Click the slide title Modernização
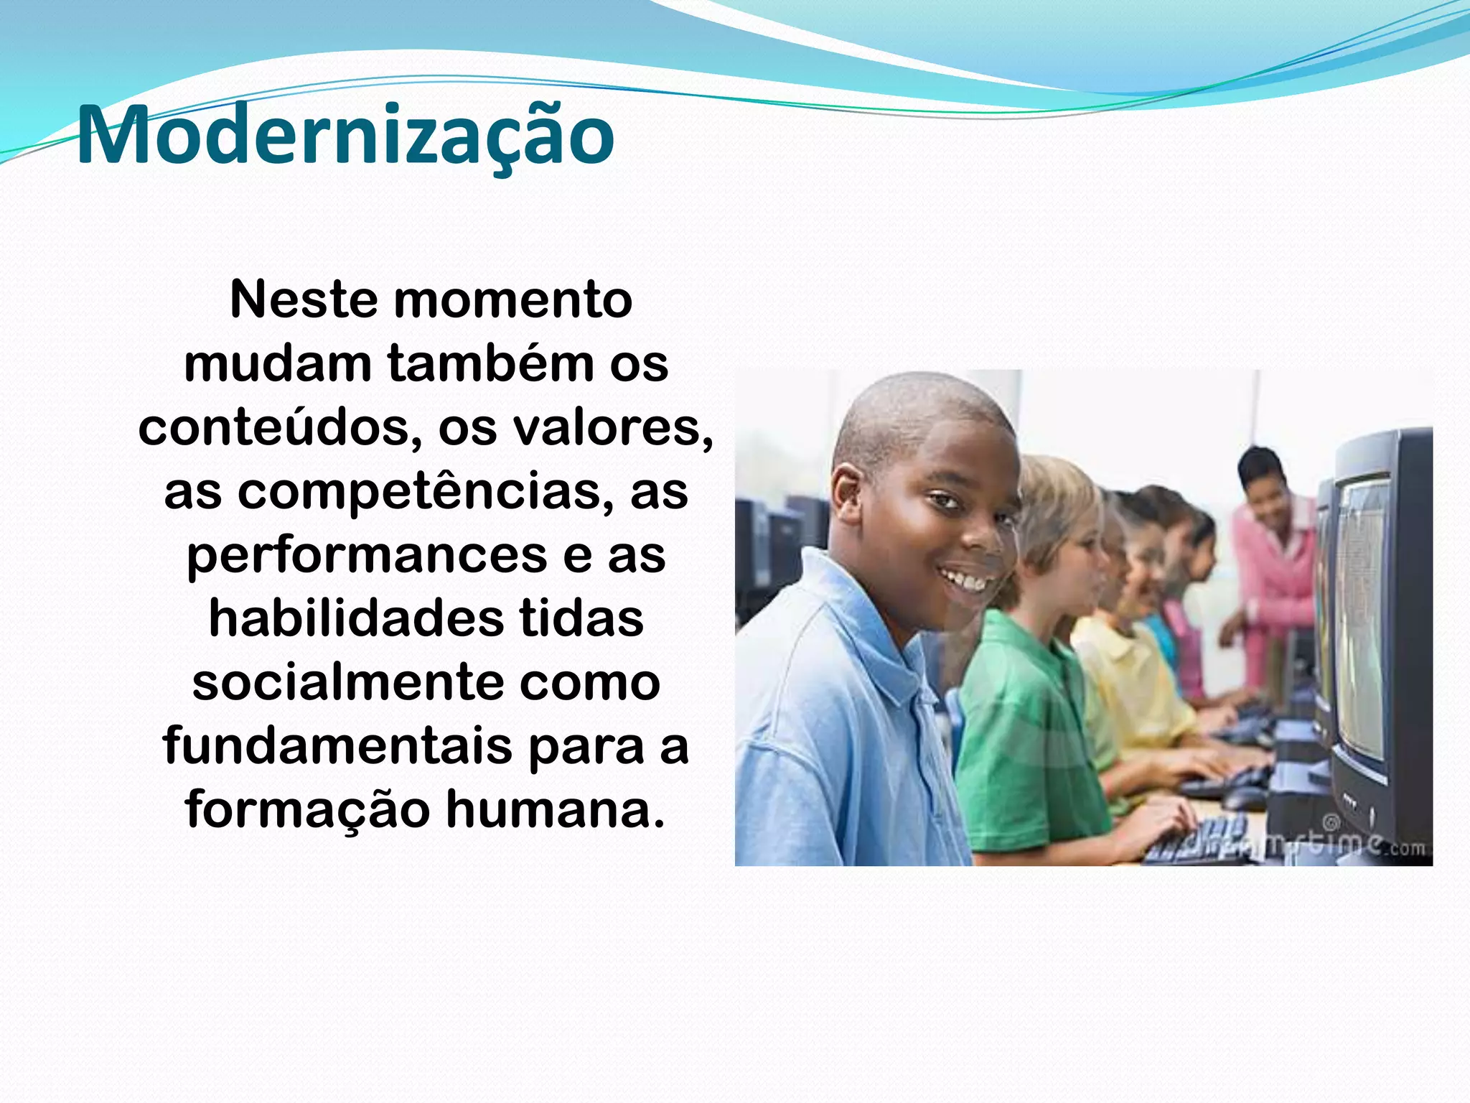click(345, 135)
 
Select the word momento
click(512, 299)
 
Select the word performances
click(366, 556)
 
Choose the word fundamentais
click(337, 746)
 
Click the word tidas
click(581, 619)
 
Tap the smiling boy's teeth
click(965, 579)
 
